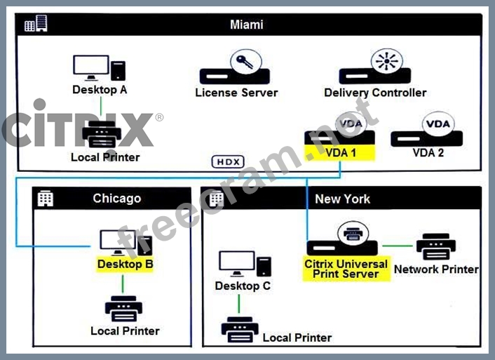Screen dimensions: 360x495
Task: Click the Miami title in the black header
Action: pos(247,25)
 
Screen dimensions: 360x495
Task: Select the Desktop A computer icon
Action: pos(99,68)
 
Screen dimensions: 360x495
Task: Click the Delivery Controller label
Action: pos(375,93)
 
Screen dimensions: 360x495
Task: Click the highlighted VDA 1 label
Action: pos(340,152)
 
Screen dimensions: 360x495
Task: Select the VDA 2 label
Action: pos(428,152)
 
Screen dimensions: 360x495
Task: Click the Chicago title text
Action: pos(117,199)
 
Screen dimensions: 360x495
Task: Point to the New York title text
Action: pos(343,199)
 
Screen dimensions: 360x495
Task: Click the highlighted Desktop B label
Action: pos(126,265)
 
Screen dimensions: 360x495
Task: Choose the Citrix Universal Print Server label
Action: pos(346,269)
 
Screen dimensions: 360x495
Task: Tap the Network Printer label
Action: pos(436,269)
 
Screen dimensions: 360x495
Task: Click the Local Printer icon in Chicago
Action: pos(123,309)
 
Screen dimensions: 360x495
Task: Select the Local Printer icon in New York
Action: pos(239,328)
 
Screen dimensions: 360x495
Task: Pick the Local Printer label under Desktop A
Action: pos(105,157)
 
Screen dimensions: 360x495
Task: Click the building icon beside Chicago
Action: pos(46,199)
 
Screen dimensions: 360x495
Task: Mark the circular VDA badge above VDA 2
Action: pos(438,124)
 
